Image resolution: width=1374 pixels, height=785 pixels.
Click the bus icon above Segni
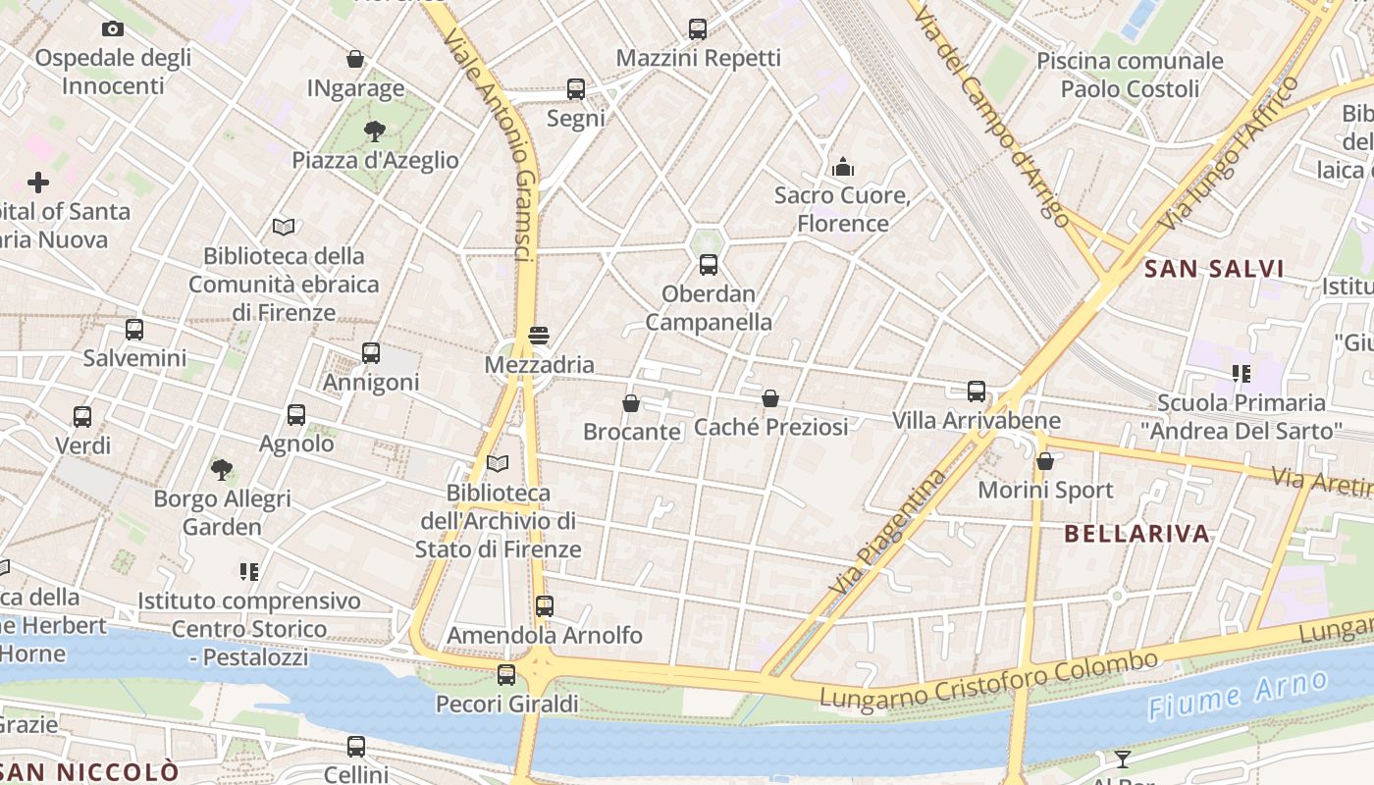point(576,89)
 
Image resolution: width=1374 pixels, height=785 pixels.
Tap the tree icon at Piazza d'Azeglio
point(374,131)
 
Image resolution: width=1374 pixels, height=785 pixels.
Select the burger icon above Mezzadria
point(538,336)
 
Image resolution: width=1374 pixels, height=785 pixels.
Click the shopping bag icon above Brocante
point(631,403)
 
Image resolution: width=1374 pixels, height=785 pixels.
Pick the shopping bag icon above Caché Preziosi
point(770,398)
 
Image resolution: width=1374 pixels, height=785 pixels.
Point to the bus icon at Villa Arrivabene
point(977,392)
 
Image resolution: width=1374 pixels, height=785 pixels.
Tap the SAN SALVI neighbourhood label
point(1214,269)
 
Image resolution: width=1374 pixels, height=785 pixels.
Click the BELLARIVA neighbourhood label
point(1137,534)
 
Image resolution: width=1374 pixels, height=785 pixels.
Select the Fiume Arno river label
point(1238,695)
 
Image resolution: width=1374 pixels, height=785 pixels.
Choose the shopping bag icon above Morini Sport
point(1045,460)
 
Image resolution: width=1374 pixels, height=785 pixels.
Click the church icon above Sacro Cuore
point(843,167)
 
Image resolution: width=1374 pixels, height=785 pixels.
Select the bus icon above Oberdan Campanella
point(709,265)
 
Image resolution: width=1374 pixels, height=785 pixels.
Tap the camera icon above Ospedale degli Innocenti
point(113,29)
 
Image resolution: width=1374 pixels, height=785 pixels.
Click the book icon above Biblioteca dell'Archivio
point(498,463)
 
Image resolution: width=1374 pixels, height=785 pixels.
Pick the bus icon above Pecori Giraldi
point(506,675)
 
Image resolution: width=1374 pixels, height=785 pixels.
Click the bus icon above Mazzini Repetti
point(698,29)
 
